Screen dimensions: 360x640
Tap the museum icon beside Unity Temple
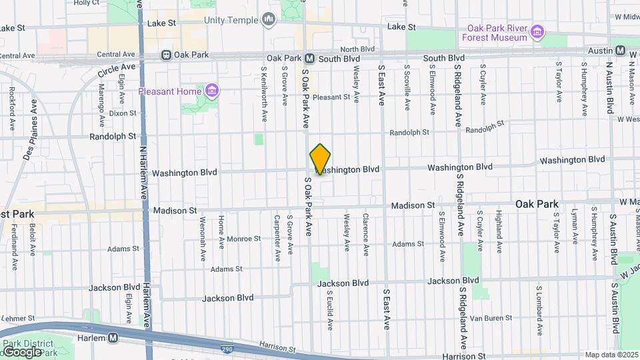(269, 20)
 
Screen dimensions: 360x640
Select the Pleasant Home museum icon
(211, 90)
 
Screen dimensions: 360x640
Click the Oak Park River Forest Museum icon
(537, 31)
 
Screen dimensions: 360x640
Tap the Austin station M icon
(620, 51)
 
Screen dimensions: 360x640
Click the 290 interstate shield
(227, 348)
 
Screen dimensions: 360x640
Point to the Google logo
(21, 351)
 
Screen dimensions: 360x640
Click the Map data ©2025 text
(611, 355)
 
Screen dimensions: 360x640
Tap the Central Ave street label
(115, 54)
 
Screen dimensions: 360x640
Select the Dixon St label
(122, 113)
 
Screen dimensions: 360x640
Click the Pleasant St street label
(331, 97)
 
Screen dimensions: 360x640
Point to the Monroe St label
(243, 238)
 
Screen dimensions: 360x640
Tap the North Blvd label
(358, 49)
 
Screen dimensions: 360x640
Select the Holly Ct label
(86, 3)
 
